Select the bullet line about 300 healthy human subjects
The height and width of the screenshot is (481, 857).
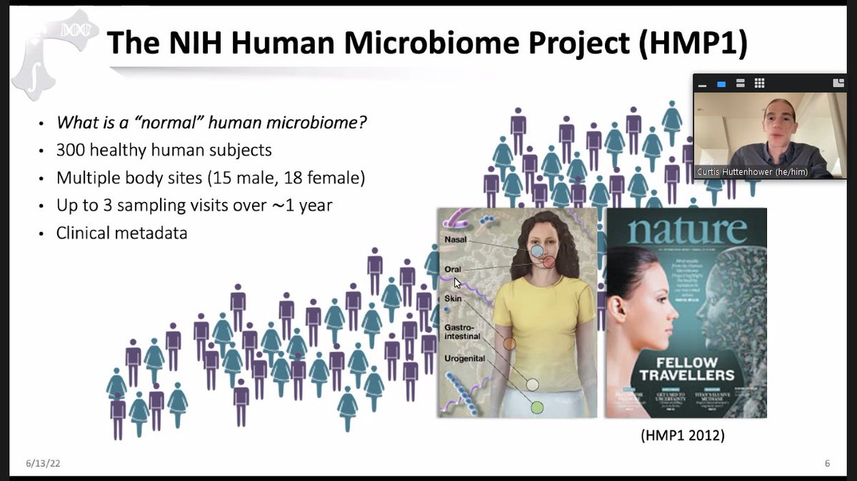[164, 151]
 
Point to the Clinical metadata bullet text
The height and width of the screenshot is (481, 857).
[121, 233]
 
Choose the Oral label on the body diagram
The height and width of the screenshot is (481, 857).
[452, 270]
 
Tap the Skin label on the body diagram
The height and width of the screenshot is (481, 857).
[453, 298]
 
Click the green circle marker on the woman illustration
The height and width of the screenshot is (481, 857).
[537, 407]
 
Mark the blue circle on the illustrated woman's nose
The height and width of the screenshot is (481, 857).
[538, 251]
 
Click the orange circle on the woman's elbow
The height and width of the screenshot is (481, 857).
[509, 343]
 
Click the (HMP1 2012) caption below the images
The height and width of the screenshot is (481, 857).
[685, 435]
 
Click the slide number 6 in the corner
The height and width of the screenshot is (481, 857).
[827, 464]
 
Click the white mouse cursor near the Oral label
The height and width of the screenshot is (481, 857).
[458, 283]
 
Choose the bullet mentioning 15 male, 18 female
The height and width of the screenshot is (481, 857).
[211, 178]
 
